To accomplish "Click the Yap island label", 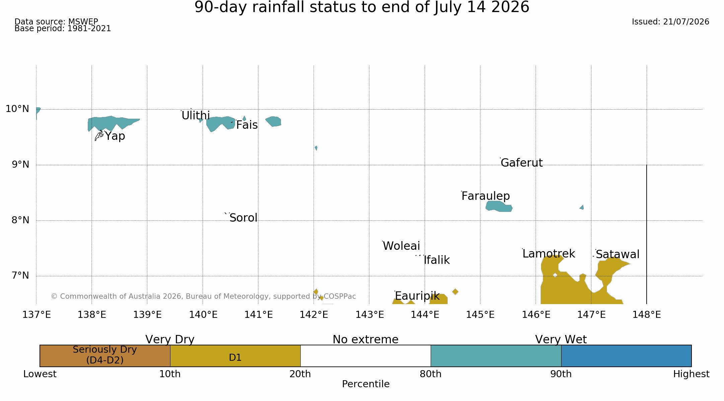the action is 115,136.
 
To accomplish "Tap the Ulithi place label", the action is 196,116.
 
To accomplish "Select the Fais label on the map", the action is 247,125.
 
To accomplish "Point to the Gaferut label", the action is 521,163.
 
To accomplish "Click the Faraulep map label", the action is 486,196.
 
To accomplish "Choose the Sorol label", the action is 243,218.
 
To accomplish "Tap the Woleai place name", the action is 401,246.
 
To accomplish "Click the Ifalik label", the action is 437,260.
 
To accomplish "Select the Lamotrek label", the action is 549,254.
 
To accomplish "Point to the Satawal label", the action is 618,254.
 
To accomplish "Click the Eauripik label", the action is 417,296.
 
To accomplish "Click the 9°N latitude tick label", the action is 21,165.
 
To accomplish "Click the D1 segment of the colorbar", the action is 235,356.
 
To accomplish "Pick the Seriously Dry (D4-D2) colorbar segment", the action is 105,356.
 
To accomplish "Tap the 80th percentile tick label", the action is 431,374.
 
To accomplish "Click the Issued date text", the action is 670,22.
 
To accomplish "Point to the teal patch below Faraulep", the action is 499,206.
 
